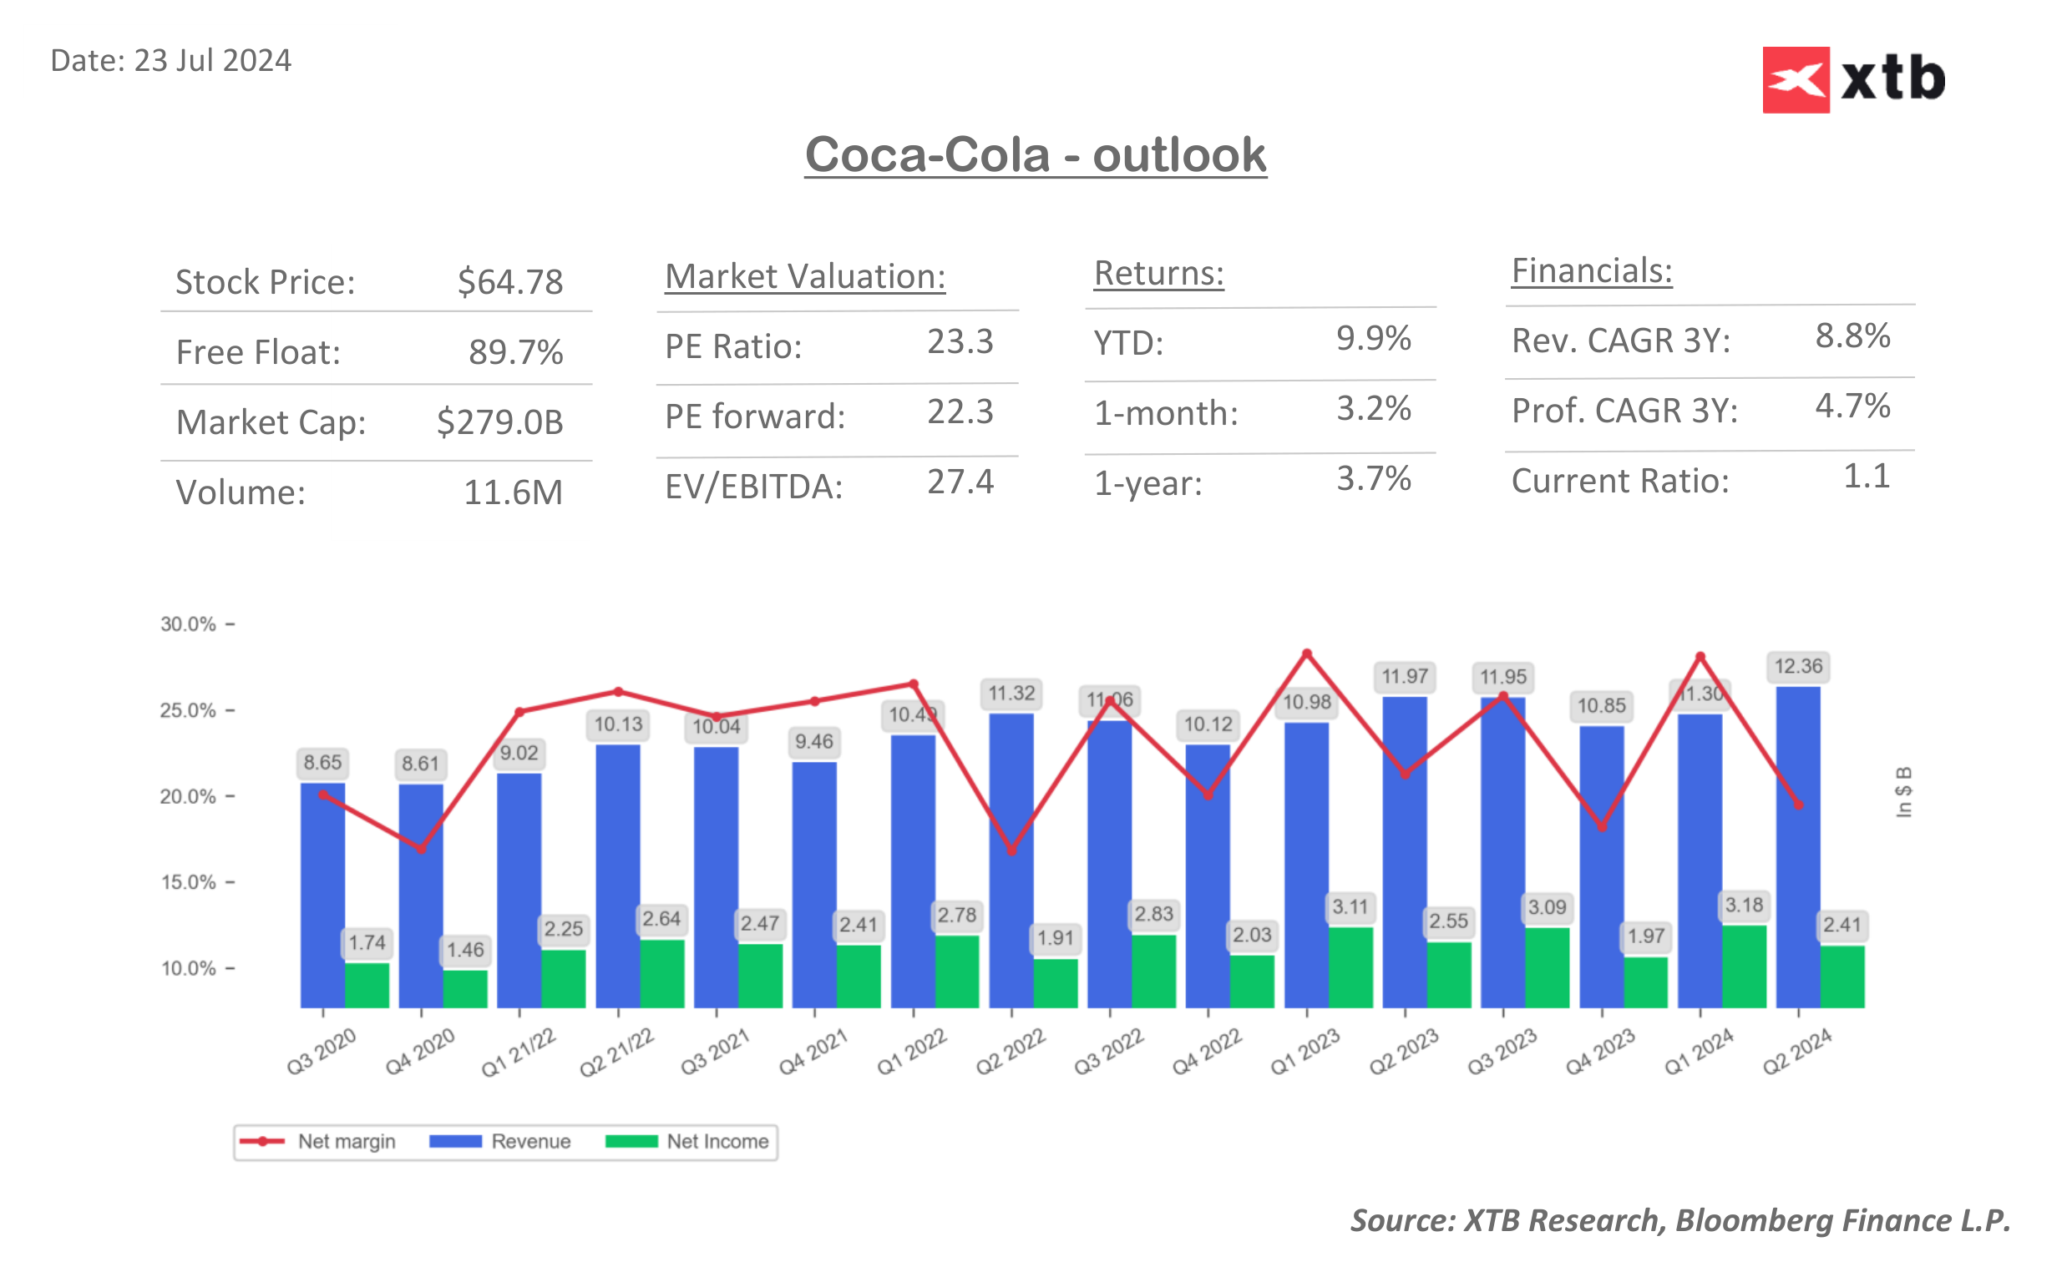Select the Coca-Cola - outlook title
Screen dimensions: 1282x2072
point(1035,155)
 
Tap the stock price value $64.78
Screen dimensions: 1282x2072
point(509,281)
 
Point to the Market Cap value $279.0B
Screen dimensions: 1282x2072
point(499,421)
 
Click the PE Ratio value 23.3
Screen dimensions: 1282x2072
point(960,341)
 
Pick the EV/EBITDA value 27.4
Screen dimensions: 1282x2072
point(960,482)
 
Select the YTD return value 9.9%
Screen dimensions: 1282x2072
point(1373,338)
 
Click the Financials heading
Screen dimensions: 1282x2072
point(1591,271)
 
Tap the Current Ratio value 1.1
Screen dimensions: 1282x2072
point(1866,477)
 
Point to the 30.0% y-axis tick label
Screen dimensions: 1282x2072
point(188,624)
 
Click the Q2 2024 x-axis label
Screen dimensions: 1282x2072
point(1796,1051)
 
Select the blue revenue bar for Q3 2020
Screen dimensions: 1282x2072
point(322,895)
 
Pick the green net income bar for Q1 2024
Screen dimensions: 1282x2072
point(1744,967)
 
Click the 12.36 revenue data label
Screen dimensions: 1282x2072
point(1797,666)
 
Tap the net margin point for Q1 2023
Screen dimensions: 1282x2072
point(1306,654)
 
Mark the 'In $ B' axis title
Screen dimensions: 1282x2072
point(1903,792)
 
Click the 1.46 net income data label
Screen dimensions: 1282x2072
point(465,950)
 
